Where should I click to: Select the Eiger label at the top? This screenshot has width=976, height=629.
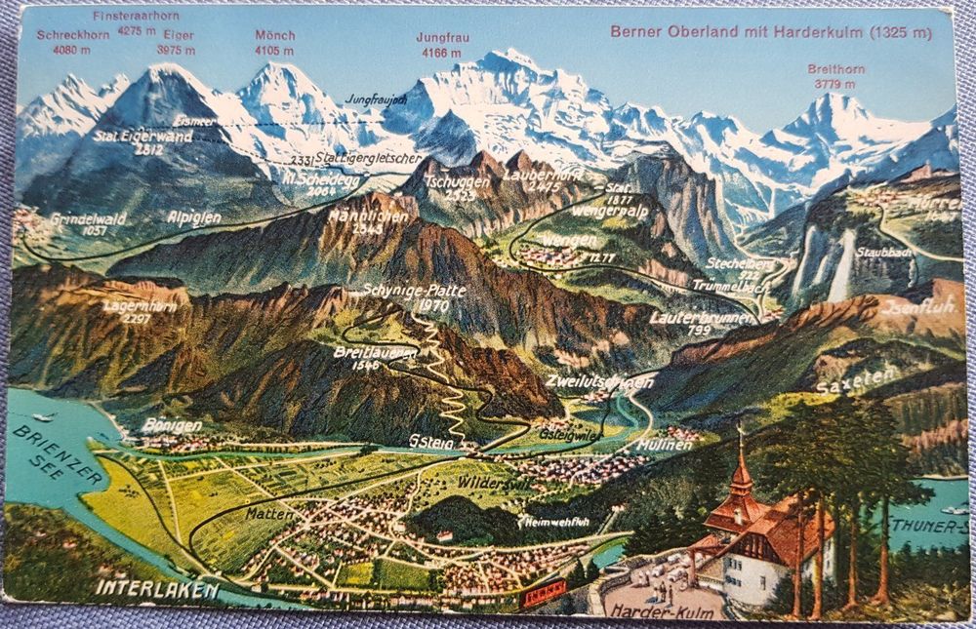[x=178, y=36]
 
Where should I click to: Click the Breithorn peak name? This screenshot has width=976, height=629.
[x=834, y=69]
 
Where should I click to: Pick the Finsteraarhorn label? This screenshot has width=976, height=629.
[x=129, y=17]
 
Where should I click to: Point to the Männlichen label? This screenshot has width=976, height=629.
[x=368, y=215]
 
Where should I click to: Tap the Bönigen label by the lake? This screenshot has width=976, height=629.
[x=172, y=425]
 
